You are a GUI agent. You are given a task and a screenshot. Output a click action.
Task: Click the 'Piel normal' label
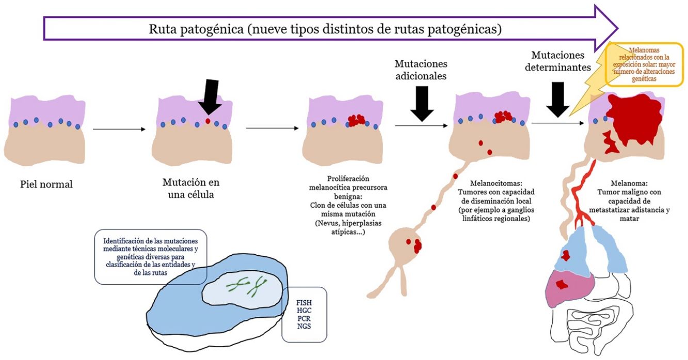[x=46, y=184]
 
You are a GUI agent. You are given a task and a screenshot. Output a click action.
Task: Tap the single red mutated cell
[x=208, y=121]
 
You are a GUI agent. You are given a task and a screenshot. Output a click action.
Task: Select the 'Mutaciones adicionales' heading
[x=421, y=70]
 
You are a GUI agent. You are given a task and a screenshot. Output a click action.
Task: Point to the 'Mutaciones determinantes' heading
[x=558, y=61]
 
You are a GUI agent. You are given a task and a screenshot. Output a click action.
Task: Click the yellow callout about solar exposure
[x=645, y=64]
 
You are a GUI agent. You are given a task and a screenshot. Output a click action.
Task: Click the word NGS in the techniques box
[x=304, y=326]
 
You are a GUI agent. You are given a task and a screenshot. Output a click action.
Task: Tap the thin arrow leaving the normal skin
[x=119, y=129]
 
